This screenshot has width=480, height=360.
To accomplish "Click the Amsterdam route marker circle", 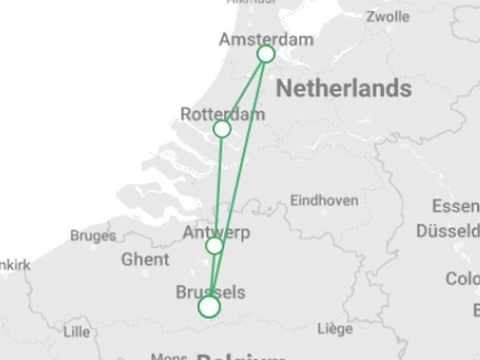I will click(266, 54).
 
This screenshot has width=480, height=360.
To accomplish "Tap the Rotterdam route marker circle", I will click(222, 129).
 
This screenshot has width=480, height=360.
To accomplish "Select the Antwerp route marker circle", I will click(214, 246).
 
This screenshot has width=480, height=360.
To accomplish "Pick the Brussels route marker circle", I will click(209, 307).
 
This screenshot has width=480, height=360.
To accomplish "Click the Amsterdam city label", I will click(266, 39).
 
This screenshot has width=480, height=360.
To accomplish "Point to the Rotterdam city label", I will click(222, 114).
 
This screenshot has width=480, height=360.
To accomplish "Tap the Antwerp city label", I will click(216, 232).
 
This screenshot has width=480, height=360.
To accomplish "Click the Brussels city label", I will click(210, 292).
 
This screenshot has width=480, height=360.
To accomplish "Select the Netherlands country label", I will click(344, 89).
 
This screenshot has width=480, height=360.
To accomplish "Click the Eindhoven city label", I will click(324, 201).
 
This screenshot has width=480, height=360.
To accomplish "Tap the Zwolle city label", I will click(387, 17).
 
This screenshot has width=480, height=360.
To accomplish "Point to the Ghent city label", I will click(145, 259).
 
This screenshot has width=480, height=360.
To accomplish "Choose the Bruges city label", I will click(92, 236).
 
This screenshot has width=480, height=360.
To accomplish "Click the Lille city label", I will click(76, 331).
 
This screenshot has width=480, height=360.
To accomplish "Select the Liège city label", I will click(335, 329).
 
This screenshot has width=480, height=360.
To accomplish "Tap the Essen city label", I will click(455, 206).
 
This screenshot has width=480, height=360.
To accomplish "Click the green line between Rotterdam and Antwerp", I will click(218, 187).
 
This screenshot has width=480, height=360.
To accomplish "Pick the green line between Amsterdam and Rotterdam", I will click(244, 91).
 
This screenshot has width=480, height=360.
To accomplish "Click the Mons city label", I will click(169, 357).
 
